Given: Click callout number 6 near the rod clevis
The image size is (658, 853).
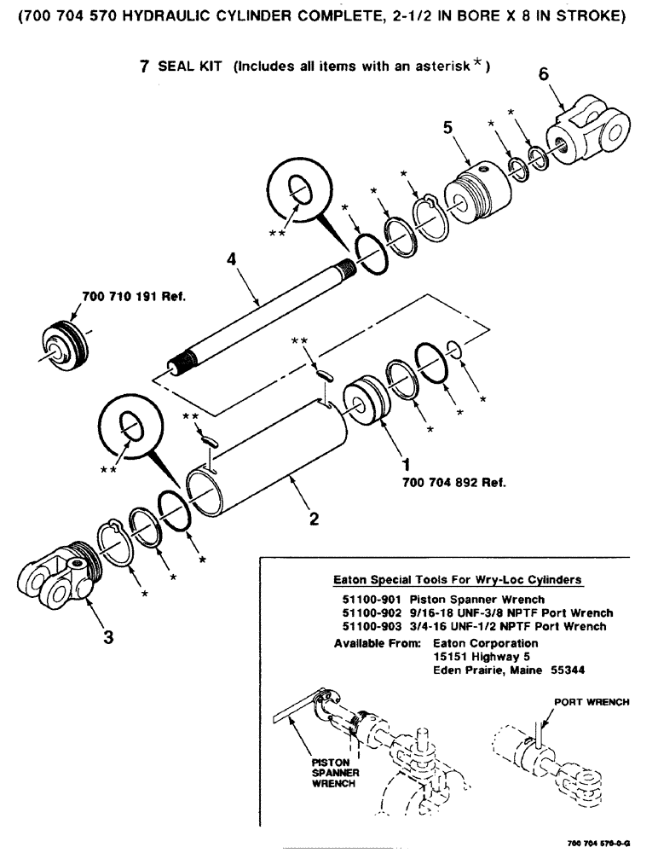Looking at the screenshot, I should (543, 75).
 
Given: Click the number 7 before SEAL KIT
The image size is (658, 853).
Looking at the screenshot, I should (145, 67).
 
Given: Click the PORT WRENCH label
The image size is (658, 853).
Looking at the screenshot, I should (592, 702).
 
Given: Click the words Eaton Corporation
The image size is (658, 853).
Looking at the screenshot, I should (486, 642).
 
